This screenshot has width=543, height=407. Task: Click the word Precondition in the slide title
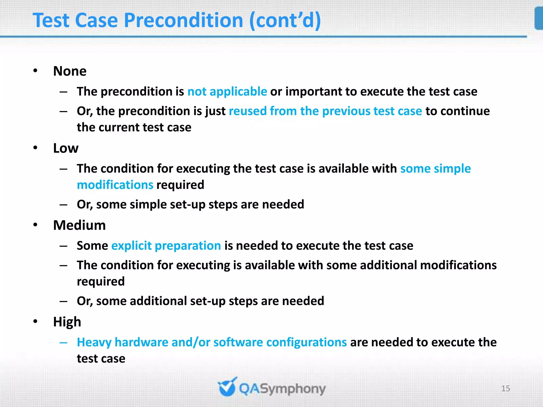click(x=183, y=21)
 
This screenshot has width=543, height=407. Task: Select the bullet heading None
click(x=70, y=71)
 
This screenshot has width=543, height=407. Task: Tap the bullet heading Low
click(x=66, y=148)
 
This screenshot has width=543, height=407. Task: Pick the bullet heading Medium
click(x=79, y=225)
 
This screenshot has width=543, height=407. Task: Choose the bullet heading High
click(x=67, y=322)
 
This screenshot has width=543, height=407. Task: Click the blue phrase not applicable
click(x=227, y=92)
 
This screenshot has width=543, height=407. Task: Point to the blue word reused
click(x=248, y=111)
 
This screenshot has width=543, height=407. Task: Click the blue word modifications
click(x=115, y=185)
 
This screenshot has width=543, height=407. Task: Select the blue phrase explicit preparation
click(x=166, y=246)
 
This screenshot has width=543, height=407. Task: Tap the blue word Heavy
click(x=94, y=342)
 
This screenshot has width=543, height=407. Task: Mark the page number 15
click(x=506, y=388)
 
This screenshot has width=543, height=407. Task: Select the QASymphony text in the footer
click(x=282, y=389)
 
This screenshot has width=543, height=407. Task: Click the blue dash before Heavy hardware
click(x=63, y=342)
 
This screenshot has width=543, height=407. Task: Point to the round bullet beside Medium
click(x=36, y=225)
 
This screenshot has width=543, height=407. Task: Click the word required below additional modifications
click(x=101, y=281)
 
